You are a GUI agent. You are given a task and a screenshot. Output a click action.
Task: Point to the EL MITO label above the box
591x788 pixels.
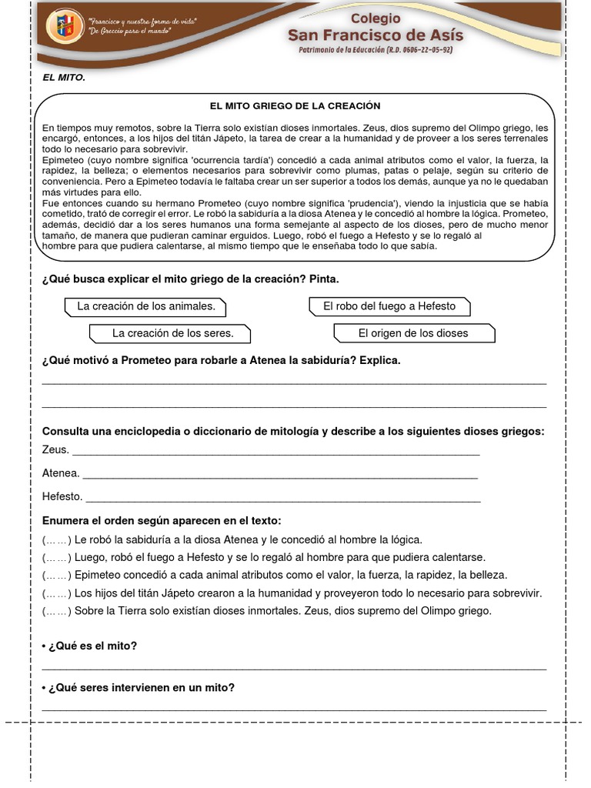(64, 78)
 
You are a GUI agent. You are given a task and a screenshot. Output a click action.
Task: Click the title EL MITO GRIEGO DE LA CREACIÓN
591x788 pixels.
(295, 105)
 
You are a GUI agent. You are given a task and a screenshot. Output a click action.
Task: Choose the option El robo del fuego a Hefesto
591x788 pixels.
(389, 306)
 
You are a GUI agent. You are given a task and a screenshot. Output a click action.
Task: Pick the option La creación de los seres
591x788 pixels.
(172, 333)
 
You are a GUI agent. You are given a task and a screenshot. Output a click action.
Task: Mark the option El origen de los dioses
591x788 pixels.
(413, 333)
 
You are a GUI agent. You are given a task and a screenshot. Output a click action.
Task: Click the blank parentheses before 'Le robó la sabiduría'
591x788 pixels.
(57, 539)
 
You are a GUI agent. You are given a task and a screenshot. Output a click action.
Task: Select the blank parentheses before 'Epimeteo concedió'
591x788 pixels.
(57, 575)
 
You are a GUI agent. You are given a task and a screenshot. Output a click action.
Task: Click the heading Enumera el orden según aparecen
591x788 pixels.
(162, 521)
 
